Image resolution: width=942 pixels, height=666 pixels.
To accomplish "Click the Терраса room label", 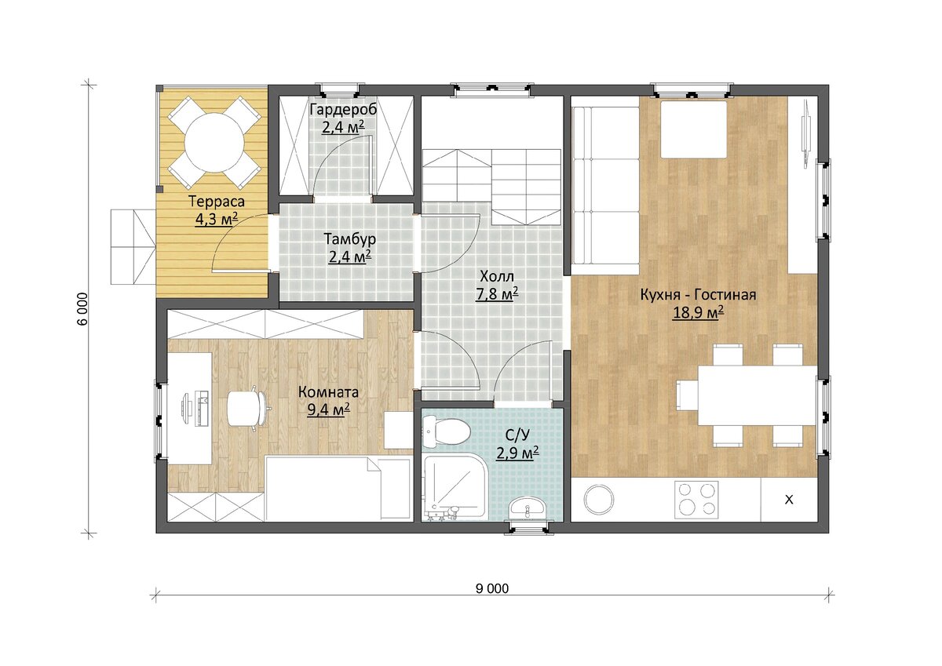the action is tap(217, 202).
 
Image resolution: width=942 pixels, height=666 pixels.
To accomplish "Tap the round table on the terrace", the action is tap(214, 143).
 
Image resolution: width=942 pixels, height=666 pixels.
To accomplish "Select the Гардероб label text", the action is tap(343, 110).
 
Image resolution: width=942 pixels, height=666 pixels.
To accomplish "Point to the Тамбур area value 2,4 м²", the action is tap(349, 257).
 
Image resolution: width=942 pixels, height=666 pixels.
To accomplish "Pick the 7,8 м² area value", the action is tap(497, 294).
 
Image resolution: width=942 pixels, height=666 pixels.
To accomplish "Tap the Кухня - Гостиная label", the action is tap(698, 295).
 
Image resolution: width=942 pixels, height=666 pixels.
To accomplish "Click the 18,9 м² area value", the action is tap(698, 313).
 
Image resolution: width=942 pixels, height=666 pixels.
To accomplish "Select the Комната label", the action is tap(328, 392).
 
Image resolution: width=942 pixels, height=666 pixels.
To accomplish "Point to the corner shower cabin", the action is tap(455, 487).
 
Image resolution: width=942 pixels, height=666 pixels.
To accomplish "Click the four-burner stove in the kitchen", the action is tap(696, 500).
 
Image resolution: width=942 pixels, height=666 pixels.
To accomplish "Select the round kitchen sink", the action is tap(599, 500).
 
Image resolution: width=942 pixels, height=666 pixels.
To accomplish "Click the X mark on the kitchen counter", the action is tap(789, 500).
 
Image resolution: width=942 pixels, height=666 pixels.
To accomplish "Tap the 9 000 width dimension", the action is tap(492, 588).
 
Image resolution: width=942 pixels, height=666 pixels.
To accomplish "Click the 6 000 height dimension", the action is tap(83, 309).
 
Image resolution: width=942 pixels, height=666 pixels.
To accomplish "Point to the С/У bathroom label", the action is tap(517, 435).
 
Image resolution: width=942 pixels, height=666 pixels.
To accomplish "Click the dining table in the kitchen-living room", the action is tap(758, 396).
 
